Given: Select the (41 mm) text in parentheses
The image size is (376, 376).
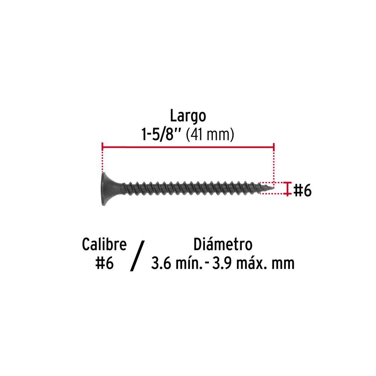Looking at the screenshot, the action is tap(210, 134).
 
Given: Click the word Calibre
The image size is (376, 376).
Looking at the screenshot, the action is tap(104, 244).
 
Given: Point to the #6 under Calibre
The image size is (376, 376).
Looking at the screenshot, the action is tap(104, 263).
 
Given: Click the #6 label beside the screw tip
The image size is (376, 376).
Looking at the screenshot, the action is tap(302, 190).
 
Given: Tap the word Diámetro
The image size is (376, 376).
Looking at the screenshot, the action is tap(223, 244).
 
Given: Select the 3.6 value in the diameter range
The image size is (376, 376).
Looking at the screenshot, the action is tap(161, 263).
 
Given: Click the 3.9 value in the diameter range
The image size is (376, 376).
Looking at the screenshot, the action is tap(222, 263).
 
